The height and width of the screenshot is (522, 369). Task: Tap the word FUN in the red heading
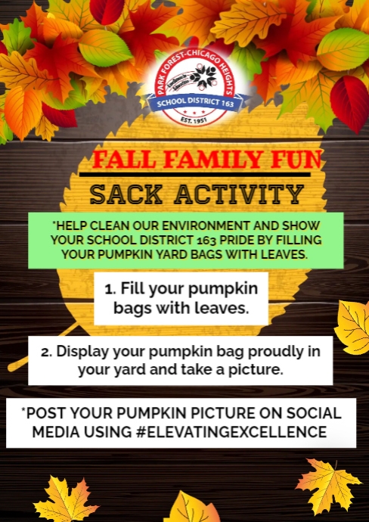tap(299, 160)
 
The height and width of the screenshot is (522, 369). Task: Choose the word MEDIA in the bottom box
tap(51, 431)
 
